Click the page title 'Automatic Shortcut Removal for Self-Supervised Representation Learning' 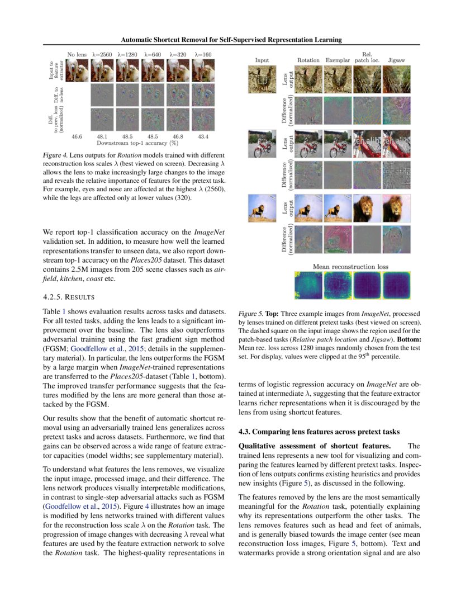pyautogui.click(x=231, y=40)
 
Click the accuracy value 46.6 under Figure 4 pyautogui.click(x=77, y=136)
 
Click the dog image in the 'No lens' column pyautogui.click(x=78, y=70)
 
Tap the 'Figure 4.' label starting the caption pyautogui.click(x=56, y=155)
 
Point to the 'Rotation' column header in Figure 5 pyautogui.click(x=308, y=60)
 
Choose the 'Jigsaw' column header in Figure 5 pyautogui.click(x=396, y=60)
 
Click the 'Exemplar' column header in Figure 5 pyautogui.click(x=338, y=60)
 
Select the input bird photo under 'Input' pyautogui.click(x=262, y=78)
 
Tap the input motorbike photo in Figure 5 pyautogui.click(x=262, y=143)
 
